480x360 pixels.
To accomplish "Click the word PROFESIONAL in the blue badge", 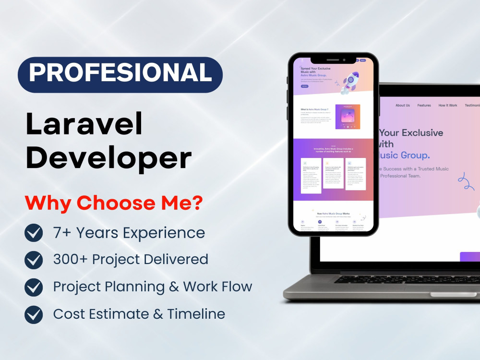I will pos(120,73).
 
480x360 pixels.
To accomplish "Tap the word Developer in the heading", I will pos(108,158).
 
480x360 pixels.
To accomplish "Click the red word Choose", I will pos(113,203).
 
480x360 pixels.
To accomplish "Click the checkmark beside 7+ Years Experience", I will pos(34,233).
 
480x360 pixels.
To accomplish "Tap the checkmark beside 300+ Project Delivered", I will pos(34,260).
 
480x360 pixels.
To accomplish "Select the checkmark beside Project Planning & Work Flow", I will pos(34,287).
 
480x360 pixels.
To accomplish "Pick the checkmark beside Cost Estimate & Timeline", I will pos(34,314).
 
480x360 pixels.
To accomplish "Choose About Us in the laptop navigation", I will pos(402,106).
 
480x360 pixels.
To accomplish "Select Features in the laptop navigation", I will pos(424,106).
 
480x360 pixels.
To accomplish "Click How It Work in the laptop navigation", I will pos(447,106).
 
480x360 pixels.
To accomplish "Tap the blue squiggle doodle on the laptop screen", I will pos(465,182).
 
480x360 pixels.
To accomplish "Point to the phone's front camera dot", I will pos(344,60).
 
